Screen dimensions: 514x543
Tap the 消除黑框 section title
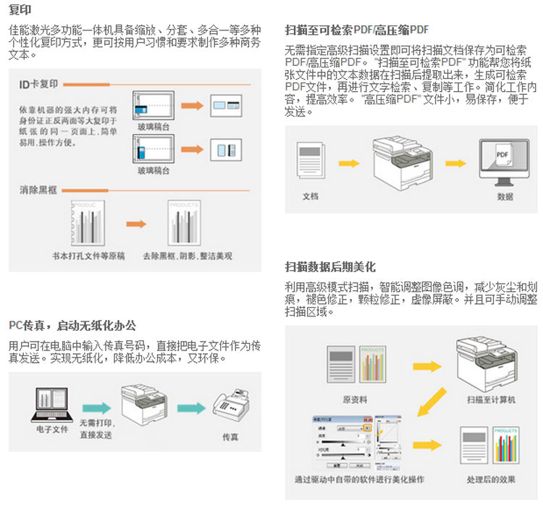[x=38, y=190]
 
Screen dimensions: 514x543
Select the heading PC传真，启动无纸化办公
[x=72, y=325]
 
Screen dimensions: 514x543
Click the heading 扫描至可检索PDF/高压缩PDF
[x=357, y=30]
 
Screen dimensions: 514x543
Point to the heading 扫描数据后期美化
[x=330, y=266]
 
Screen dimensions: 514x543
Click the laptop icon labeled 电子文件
[x=51, y=405]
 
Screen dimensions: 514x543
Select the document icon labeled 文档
[x=311, y=164]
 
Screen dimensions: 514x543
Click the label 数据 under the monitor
[x=505, y=197]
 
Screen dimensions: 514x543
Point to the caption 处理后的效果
[x=491, y=479]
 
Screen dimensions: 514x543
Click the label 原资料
[x=355, y=399]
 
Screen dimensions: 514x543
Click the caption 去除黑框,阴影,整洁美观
[x=187, y=256]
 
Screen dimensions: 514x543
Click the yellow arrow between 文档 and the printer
[x=348, y=164]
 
